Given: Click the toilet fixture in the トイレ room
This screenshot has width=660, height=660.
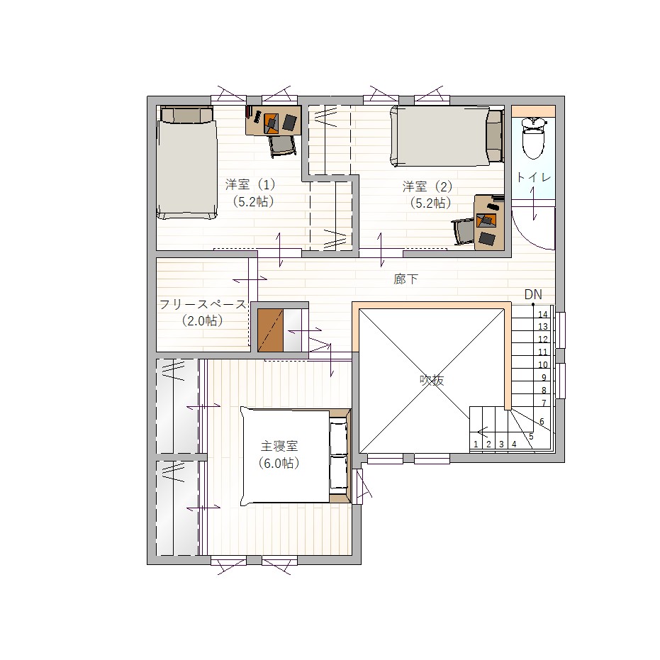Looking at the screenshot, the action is click(533, 138).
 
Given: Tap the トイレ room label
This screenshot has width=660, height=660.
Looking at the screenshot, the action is click(533, 177).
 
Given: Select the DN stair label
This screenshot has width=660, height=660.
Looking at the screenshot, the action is click(533, 294).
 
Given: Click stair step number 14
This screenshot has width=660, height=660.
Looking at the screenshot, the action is click(543, 315).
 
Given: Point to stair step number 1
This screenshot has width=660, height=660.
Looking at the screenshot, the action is click(476, 444).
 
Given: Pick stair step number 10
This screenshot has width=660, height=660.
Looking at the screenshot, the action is click(543, 365).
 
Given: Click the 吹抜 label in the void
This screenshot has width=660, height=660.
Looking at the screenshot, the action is click(432, 380).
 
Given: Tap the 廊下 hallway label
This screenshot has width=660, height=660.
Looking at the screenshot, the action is click(405, 279).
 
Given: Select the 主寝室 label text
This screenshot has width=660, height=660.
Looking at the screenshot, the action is click(279, 446).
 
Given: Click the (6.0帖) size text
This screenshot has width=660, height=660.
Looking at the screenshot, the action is click(279, 463).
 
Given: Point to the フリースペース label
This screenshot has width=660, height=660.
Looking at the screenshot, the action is click(203, 304).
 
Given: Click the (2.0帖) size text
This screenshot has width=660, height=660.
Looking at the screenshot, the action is click(203, 320).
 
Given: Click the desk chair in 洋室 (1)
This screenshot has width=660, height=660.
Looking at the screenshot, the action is click(282, 145).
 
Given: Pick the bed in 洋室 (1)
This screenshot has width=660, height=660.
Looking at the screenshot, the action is click(186, 163).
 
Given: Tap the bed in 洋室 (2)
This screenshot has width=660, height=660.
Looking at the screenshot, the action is click(447, 135).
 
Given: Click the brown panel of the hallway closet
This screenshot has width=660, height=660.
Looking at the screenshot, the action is click(270, 330).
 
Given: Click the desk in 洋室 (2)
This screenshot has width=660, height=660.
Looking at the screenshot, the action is click(489, 223).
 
